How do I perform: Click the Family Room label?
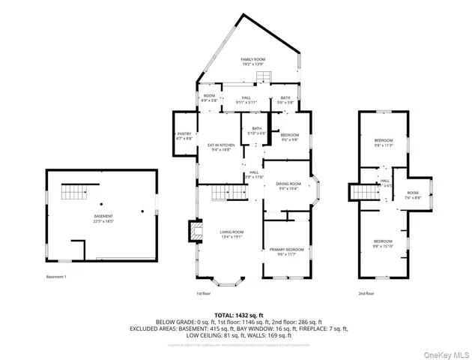[x=252, y=61]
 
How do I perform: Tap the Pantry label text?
[x=184, y=136]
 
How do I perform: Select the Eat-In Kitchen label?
[x=221, y=147]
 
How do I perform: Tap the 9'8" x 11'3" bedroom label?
[x=384, y=143]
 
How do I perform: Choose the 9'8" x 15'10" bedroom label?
[x=384, y=243]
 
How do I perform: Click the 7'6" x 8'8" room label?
[x=414, y=195]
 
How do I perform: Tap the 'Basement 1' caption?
[x=56, y=277]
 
